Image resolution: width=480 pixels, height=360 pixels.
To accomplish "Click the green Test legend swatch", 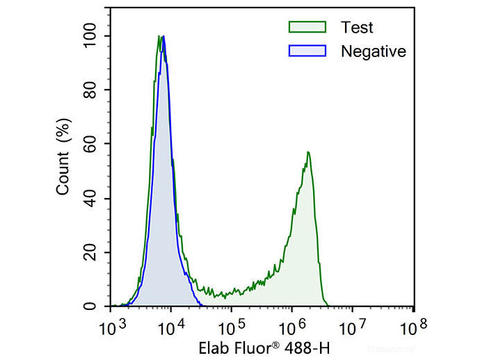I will point(307,27).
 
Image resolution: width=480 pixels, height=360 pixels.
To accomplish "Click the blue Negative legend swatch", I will point(307,51).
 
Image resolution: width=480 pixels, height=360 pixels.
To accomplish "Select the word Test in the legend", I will point(357,28).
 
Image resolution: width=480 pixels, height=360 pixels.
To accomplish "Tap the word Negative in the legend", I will point(373,51).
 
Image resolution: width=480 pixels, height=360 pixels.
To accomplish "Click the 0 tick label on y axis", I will point(100,306).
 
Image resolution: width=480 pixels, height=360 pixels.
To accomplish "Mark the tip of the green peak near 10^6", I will point(307,152).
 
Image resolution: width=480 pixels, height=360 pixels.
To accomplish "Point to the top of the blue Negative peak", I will point(163,36).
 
